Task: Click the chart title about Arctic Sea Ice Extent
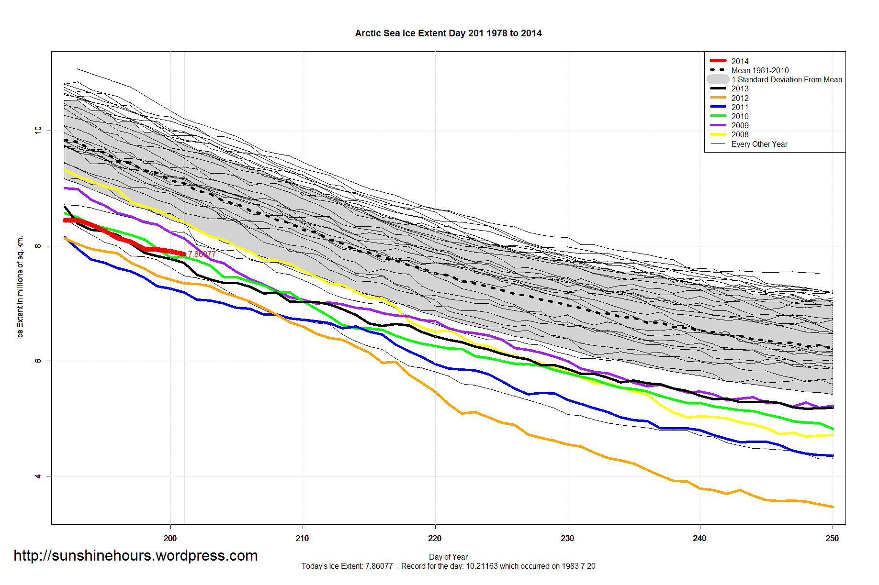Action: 448,33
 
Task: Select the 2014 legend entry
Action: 740,61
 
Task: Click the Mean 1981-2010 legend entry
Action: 760,70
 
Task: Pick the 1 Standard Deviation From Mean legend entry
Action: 787,79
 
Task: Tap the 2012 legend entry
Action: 740,98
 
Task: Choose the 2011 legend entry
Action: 740,107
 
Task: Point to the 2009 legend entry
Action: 740,125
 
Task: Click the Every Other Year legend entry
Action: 759,144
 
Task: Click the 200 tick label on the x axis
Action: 170,538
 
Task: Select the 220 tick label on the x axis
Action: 435,538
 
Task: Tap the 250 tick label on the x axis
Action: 832,538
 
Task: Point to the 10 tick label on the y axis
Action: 38,130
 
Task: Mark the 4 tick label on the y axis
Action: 38,476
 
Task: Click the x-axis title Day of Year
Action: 448,557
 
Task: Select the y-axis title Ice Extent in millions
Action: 20,287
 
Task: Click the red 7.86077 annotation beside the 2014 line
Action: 202,254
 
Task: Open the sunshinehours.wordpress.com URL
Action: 135,555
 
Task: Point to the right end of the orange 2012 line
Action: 833,507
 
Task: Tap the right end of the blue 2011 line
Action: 833,455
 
